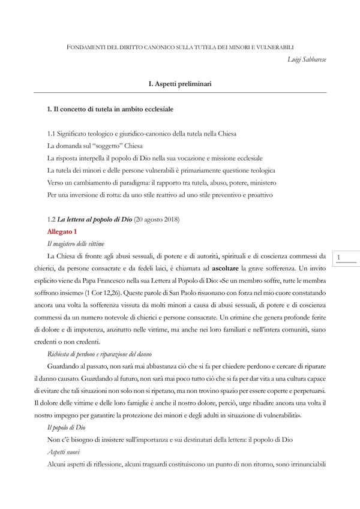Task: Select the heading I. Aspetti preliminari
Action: click(179, 85)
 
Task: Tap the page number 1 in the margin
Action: click(340, 258)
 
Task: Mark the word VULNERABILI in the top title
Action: click(274, 47)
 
